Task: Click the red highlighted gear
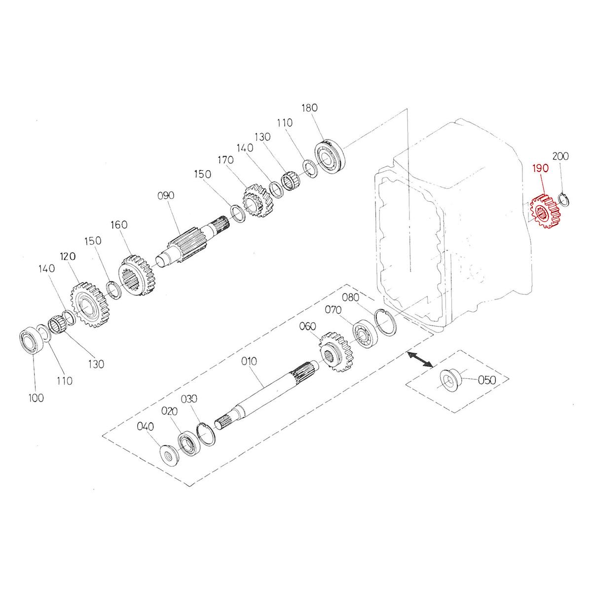546,213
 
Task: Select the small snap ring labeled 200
563,199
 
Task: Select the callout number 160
119,224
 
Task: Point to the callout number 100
36,397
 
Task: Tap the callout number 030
189,399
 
